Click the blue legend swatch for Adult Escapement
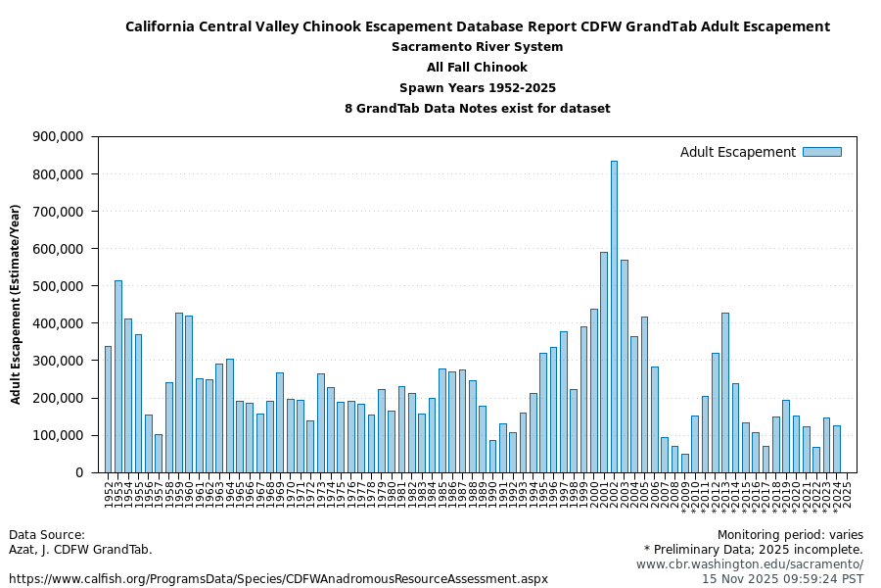click(x=821, y=152)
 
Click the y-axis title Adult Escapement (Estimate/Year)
click(x=17, y=304)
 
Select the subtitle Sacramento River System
click(x=477, y=47)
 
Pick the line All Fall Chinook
click(x=477, y=68)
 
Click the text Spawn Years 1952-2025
click(x=477, y=88)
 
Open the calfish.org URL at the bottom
click(x=278, y=579)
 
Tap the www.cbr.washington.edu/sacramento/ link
click(x=749, y=564)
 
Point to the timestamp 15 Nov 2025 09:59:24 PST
click(x=782, y=579)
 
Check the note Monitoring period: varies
click(x=790, y=535)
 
